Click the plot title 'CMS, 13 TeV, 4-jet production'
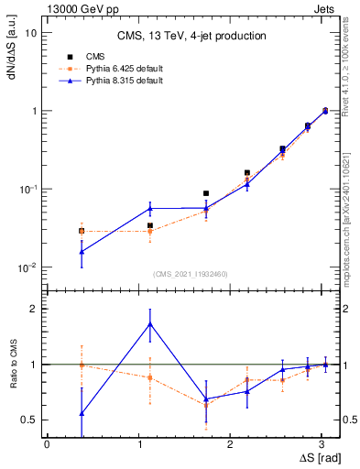(191, 36)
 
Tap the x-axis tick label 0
(47, 443)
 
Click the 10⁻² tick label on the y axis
(27, 267)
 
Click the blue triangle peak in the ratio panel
(150, 323)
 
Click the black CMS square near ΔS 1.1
(150, 225)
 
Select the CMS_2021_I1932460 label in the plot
(191, 274)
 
